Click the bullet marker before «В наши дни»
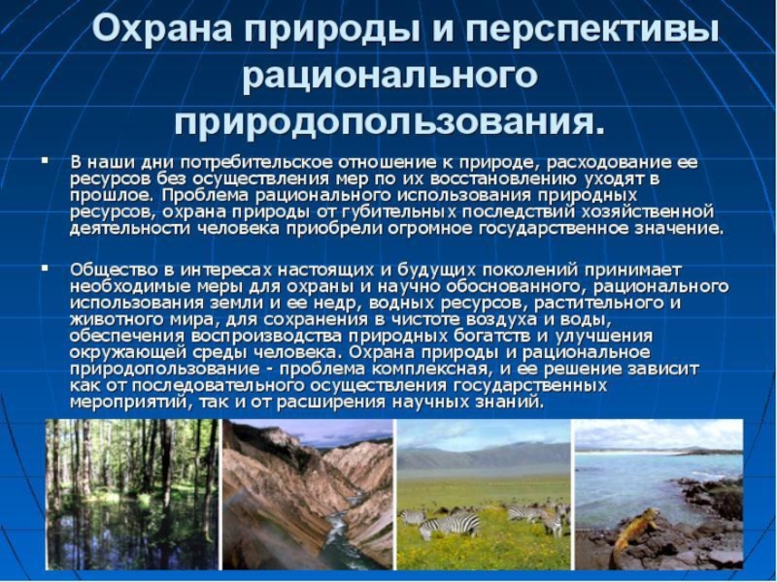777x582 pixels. (45, 160)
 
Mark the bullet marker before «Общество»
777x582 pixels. (45, 268)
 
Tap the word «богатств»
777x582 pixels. (499, 336)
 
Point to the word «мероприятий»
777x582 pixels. (128, 402)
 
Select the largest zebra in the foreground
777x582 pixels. (450, 525)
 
